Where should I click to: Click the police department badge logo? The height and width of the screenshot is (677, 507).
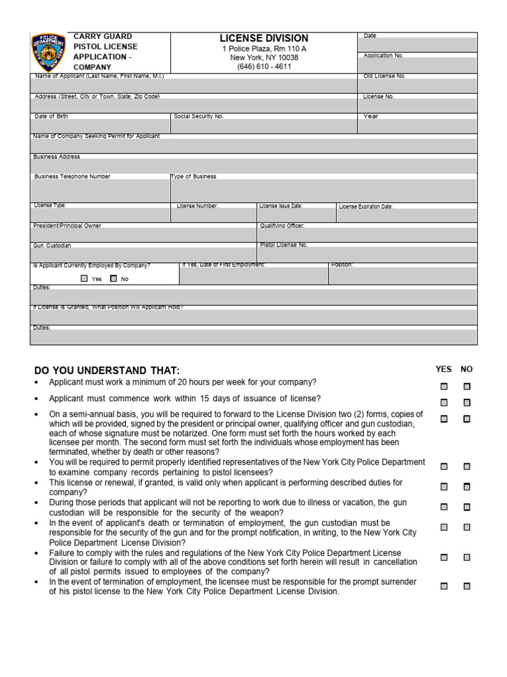(x=49, y=52)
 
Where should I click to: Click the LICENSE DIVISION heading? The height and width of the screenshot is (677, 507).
(x=263, y=38)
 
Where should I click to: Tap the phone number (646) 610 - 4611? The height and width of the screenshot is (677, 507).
(x=263, y=67)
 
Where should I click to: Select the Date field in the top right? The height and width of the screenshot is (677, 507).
(x=419, y=45)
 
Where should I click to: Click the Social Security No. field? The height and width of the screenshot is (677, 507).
(x=264, y=126)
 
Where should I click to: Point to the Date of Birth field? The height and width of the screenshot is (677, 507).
(x=100, y=126)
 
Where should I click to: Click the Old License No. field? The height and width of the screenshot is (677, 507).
(x=419, y=85)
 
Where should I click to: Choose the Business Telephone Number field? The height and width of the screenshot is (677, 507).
(x=100, y=190)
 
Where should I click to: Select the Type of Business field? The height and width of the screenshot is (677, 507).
(x=323, y=190)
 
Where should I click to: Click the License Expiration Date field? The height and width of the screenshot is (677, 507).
(x=407, y=216)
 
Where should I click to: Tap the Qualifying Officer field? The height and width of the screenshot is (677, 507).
(x=368, y=235)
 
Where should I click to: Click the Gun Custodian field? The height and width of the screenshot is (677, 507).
(x=143, y=255)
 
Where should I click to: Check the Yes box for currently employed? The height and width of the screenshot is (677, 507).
(x=84, y=279)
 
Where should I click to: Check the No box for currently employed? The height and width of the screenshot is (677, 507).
(x=114, y=279)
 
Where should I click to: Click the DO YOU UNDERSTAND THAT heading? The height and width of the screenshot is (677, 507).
(x=106, y=370)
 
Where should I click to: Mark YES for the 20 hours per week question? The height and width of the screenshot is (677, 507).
(x=444, y=387)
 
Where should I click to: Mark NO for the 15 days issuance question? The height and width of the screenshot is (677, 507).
(x=467, y=403)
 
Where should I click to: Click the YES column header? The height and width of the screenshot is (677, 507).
(x=444, y=370)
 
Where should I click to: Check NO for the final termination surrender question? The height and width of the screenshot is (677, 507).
(x=467, y=586)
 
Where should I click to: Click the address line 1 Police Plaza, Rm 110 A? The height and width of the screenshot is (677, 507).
(x=263, y=49)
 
